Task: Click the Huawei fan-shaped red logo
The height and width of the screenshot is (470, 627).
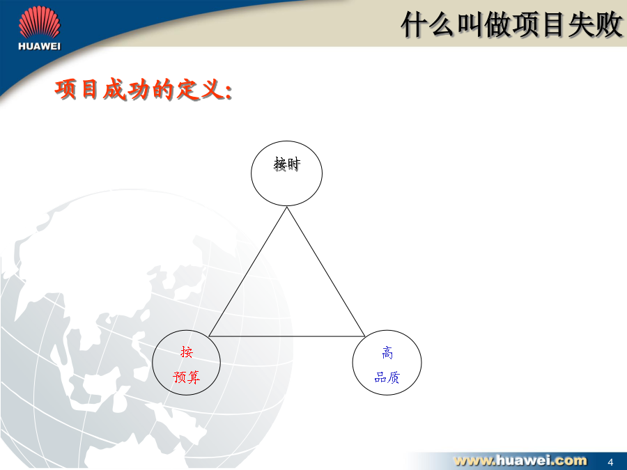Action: [x=40, y=23]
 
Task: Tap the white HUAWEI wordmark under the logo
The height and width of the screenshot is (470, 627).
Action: [x=39, y=47]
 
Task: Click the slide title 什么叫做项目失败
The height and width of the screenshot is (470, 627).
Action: [x=512, y=25]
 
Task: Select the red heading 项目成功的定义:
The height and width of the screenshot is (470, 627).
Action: [x=143, y=89]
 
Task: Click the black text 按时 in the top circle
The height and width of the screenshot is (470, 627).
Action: [x=287, y=164]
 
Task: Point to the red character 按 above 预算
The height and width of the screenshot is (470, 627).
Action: [x=186, y=352]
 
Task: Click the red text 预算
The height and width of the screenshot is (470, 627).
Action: [x=186, y=377]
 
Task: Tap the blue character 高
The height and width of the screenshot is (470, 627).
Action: [x=387, y=352]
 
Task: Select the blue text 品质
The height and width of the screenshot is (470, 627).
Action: [x=387, y=377]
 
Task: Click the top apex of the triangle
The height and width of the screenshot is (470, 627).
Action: [x=287, y=207]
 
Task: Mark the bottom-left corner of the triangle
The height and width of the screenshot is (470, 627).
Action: [x=209, y=336]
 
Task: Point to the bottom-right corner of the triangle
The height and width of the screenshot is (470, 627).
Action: [x=364, y=336]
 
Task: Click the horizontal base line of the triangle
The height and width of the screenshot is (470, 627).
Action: [x=287, y=336]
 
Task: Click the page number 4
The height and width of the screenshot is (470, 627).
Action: [x=610, y=462]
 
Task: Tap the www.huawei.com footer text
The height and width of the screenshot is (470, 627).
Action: [x=520, y=460]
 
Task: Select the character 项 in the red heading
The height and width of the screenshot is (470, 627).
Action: [x=65, y=89]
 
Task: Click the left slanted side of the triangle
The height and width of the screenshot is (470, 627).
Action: [x=247, y=272]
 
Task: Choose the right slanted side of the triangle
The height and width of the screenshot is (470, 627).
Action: [x=326, y=272]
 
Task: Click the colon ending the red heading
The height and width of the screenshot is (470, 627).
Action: [x=229, y=93]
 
